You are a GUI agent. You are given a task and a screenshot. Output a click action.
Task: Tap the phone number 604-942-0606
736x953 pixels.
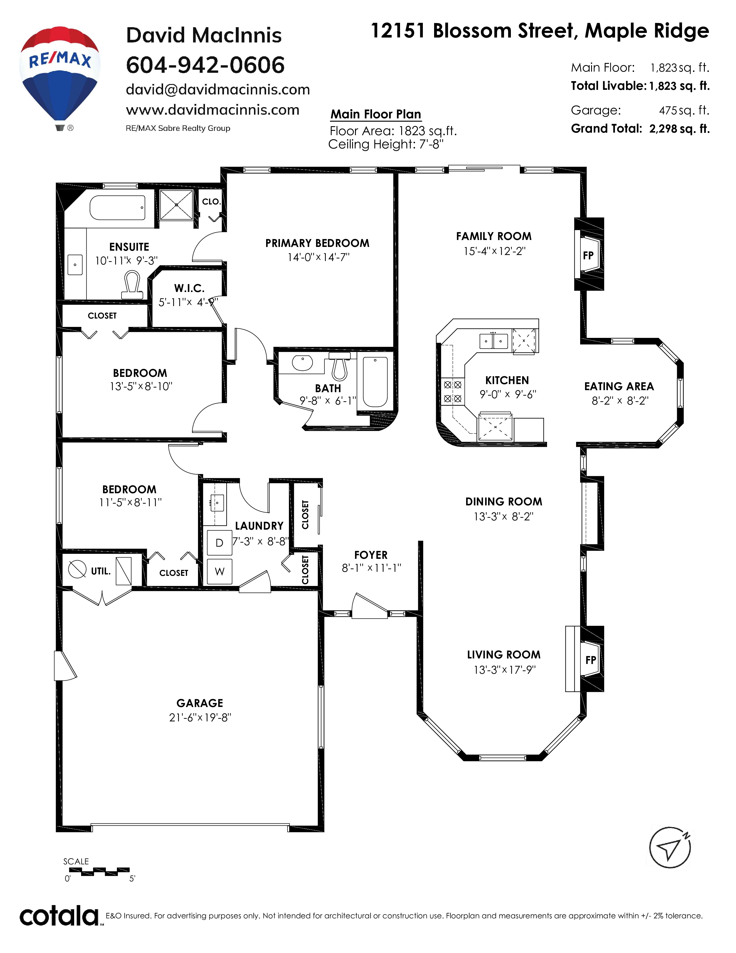(x=205, y=65)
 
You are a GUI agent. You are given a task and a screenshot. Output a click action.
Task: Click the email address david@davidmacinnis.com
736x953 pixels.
(x=218, y=90)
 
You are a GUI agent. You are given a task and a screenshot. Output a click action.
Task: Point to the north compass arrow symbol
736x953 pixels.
(x=670, y=847)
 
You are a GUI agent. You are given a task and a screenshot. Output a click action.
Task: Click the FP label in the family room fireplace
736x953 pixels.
(x=588, y=255)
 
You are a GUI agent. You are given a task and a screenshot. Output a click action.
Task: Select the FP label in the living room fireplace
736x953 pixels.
(x=591, y=660)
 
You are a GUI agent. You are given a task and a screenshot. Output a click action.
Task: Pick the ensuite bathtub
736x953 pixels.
(x=118, y=208)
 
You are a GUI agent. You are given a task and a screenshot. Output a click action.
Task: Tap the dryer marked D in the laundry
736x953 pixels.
(x=219, y=542)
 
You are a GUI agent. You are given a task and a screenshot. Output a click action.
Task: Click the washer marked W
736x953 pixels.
(x=219, y=571)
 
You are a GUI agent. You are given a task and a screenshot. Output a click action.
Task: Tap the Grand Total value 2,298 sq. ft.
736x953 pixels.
(x=679, y=129)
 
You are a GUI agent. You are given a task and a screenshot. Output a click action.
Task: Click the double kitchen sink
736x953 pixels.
(x=494, y=341)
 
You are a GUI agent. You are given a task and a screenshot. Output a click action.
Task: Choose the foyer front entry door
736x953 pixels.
(x=370, y=606)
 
